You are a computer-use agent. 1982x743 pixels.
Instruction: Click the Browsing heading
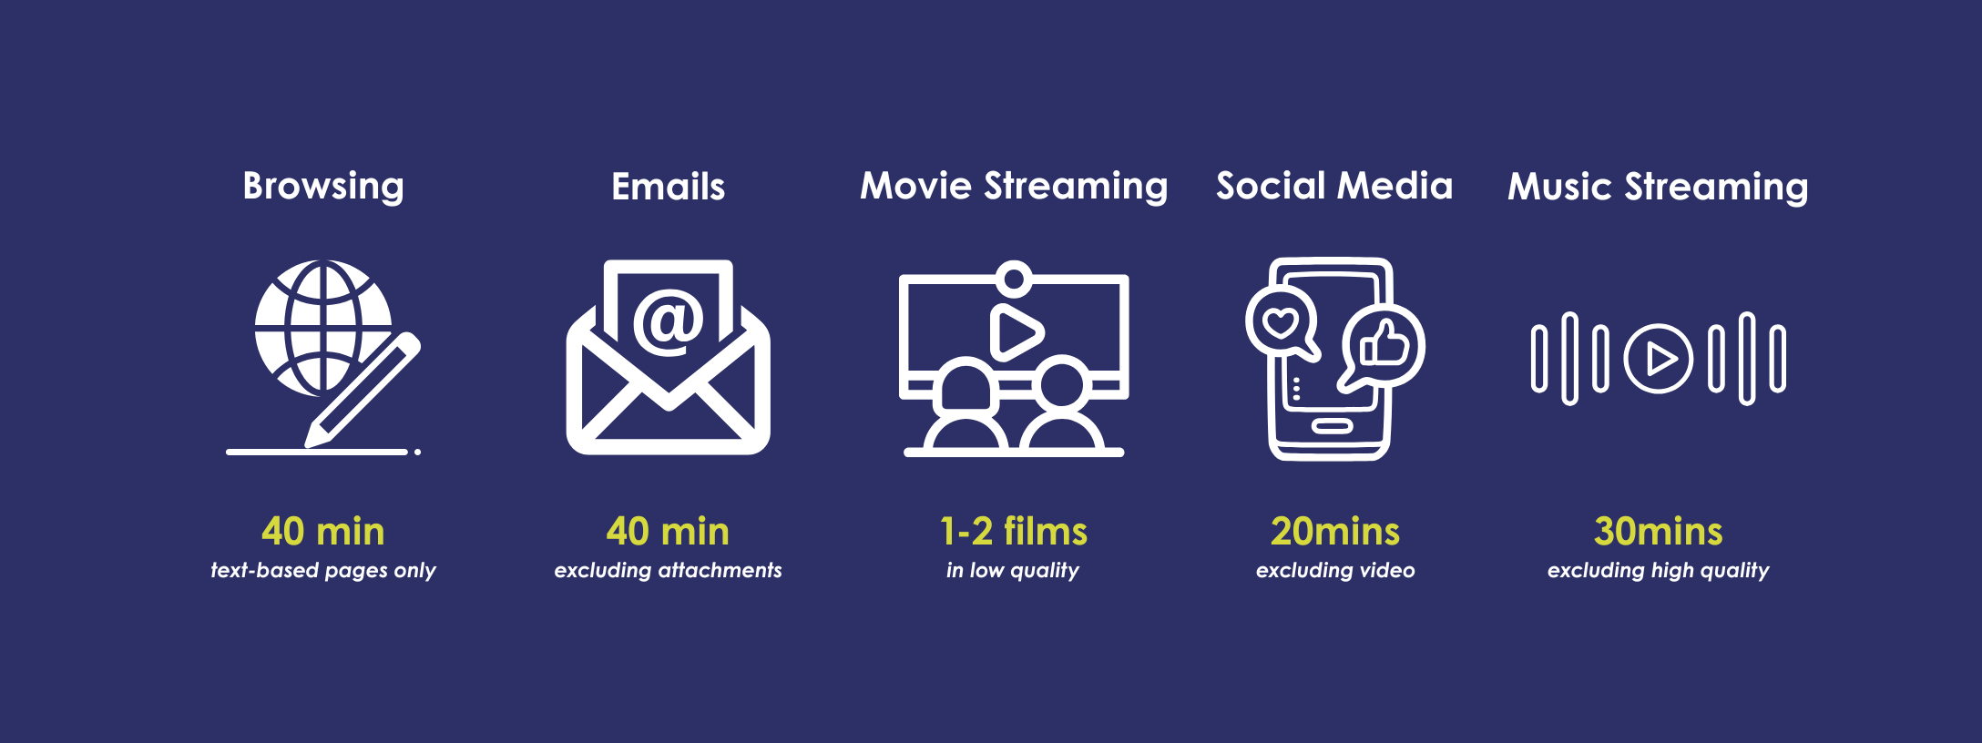click(x=323, y=187)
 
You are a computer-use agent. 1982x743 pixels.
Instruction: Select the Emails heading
click(x=669, y=187)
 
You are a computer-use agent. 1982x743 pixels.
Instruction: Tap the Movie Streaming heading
click(x=1014, y=187)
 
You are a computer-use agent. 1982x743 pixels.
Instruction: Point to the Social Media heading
click(x=1334, y=186)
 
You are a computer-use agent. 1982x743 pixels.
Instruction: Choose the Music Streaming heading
click(x=1658, y=187)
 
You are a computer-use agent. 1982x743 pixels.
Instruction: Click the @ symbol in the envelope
click(x=669, y=321)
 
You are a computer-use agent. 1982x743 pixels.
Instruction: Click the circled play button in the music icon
click(x=1658, y=359)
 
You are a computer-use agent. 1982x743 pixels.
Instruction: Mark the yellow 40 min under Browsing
click(x=323, y=532)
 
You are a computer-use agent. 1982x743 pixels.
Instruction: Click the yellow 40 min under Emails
click(x=669, y=532)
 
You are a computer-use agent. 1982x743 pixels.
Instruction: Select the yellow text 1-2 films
click(x=1014, y=532)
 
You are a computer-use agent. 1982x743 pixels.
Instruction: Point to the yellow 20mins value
click(x=1335, y=532)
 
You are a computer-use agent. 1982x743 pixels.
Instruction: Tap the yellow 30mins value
click(x=1659, y=532)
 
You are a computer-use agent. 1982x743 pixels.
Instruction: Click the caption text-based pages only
click(x=323, y=571)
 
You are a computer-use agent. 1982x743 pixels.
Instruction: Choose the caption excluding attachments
click(x=669, y=570)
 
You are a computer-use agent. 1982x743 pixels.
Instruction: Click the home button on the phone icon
click(x=1332, y=426)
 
